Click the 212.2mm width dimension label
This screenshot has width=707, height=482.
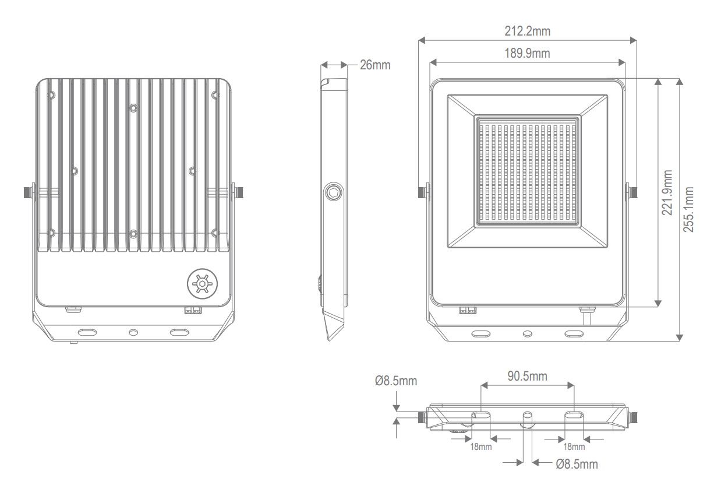[x=527, y=31]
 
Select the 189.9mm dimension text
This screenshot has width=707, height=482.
[x=527, y=53]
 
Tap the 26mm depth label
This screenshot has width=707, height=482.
[x=375, y=65]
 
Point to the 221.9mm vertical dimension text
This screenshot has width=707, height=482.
[x=667, y=192]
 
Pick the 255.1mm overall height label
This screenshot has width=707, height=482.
[x=688, y=209]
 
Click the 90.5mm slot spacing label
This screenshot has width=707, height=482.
[x=527, y=376]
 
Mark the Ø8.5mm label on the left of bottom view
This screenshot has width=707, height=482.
[x=396, y=381]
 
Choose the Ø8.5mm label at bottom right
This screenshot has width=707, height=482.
[x=577, y=465]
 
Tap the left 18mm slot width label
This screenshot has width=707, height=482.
[x=480, y=447]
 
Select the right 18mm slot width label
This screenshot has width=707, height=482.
[x=574, y=447]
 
